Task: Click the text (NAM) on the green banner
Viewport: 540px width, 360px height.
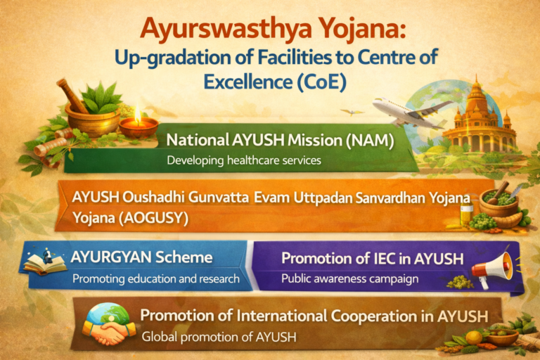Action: (368, 140)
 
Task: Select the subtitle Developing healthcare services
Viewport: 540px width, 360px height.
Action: (243, 160)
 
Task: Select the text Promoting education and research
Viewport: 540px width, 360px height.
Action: (155, 278)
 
